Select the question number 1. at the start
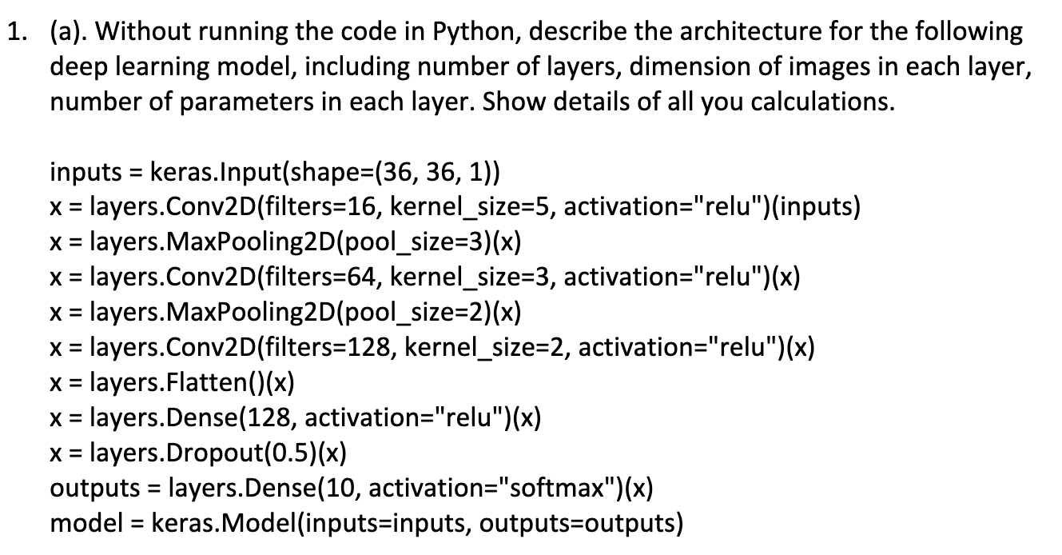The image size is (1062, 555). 17,32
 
